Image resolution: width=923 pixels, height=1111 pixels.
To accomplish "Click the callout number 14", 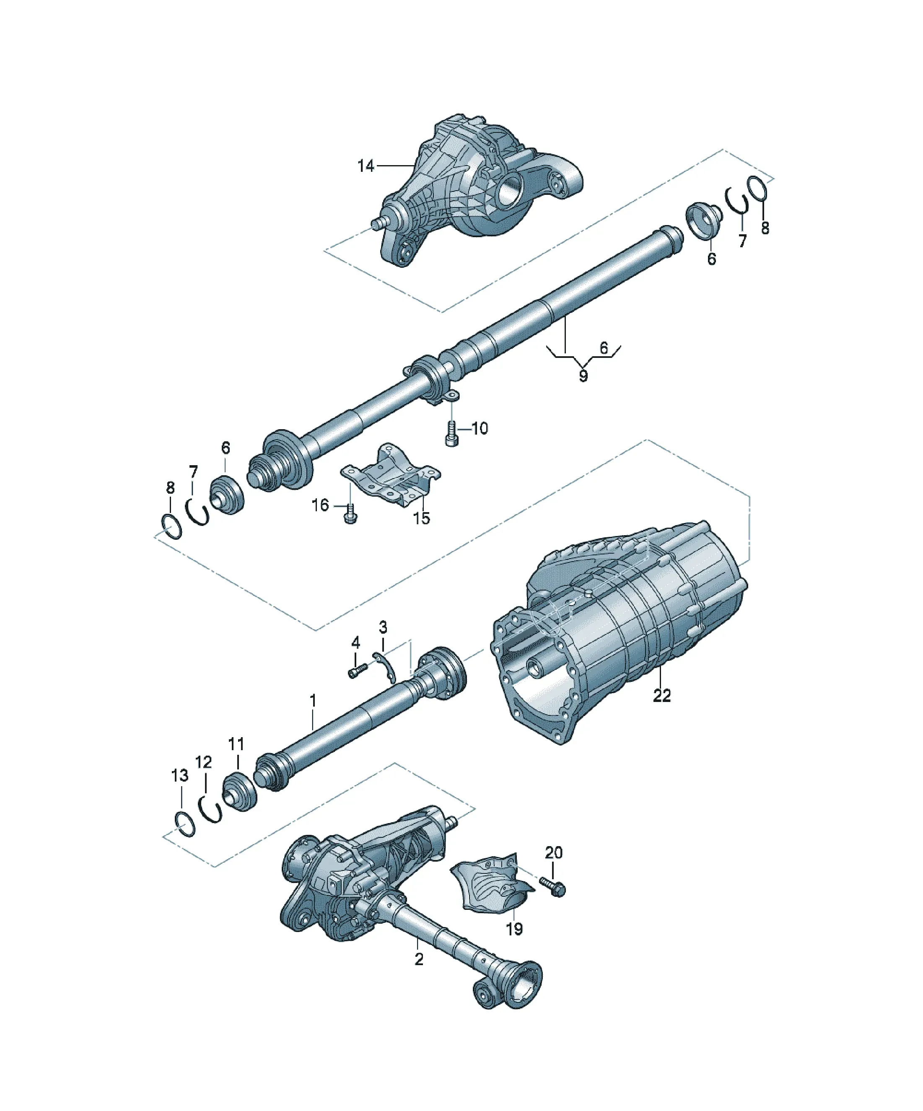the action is point(366,166).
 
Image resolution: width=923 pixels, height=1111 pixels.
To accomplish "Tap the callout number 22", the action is point(661,695).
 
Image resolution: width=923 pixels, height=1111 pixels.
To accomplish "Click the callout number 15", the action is point(421,518).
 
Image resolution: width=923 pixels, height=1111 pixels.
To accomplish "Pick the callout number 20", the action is point(554,852).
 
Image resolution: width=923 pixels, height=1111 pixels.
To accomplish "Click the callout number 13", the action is point(180,776).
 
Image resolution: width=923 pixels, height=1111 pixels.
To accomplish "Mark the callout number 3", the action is point(383,627).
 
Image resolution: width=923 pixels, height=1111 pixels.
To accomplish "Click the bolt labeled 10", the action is point(451,433).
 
